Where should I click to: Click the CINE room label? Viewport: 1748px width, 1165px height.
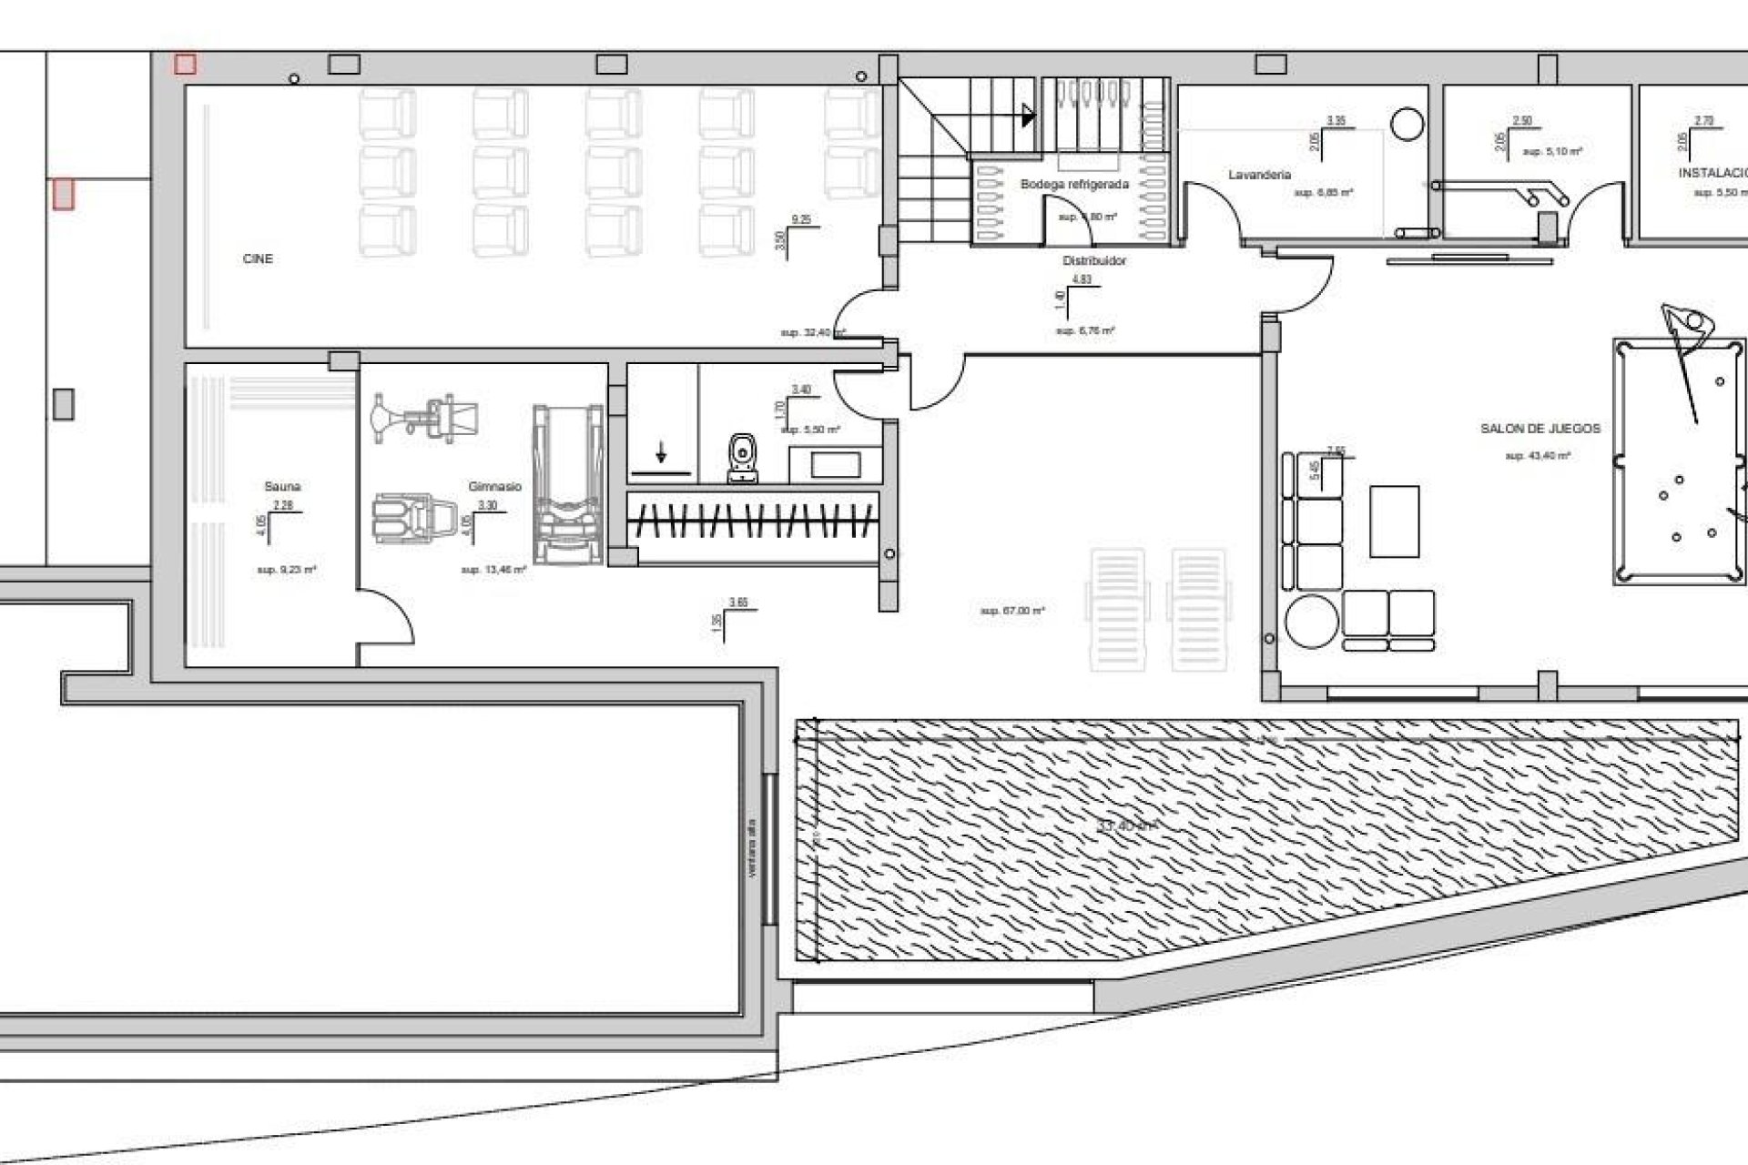click(258, 259)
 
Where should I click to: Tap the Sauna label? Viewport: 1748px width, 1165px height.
click(282, 487)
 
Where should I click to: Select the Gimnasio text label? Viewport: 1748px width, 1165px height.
click(494, 487)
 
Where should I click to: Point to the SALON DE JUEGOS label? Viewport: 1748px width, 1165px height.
click(1540, 429)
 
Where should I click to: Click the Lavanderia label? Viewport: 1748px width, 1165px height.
click(1259, 175)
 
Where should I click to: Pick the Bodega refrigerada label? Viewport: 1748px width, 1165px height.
click(1074, 185)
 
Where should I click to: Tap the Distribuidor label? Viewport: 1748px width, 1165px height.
click(1094, 261)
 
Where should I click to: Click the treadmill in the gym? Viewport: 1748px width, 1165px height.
click(568, 484)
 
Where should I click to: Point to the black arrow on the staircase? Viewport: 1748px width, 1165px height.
click(1029, 116)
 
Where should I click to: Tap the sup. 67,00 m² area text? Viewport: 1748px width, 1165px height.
click(1012, 611)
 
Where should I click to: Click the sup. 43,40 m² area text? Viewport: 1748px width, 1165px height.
click(1538, 455)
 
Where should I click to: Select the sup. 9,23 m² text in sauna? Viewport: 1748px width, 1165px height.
click(287, 570)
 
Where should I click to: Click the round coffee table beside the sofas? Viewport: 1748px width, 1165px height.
click(1311, 621)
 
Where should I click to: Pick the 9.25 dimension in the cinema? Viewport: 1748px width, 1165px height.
click(801, 220)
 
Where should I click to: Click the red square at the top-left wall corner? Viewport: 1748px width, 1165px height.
click(185, 64)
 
